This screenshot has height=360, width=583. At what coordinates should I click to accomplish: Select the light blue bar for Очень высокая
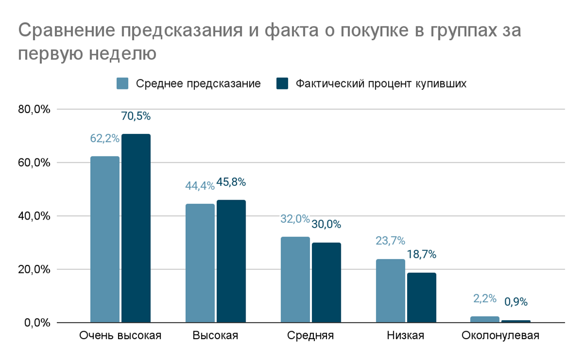point(105,239)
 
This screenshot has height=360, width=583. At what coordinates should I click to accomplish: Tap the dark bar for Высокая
point(231,261)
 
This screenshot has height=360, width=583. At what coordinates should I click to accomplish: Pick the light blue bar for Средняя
point(295,279)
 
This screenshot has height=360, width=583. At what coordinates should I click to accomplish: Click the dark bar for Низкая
point(422,297)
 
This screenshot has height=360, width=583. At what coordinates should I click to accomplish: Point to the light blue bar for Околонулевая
point(485,319)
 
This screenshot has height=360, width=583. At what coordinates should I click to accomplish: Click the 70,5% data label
point(136,117)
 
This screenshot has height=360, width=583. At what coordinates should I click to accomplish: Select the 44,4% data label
point(200,186)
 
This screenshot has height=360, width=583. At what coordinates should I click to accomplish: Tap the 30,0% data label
point(326,225)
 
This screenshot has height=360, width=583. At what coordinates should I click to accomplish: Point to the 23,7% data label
point(390,241)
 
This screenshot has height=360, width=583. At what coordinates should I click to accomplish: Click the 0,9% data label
point(516,302)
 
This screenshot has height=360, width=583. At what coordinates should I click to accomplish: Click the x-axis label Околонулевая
point(500,336)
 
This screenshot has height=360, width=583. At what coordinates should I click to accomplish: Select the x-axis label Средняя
point(310,336)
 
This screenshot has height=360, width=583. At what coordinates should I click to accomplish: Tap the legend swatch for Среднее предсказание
point(123,84)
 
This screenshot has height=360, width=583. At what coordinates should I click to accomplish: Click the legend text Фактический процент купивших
point(381,84)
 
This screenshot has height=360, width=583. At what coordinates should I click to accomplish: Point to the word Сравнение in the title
point(67,31)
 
